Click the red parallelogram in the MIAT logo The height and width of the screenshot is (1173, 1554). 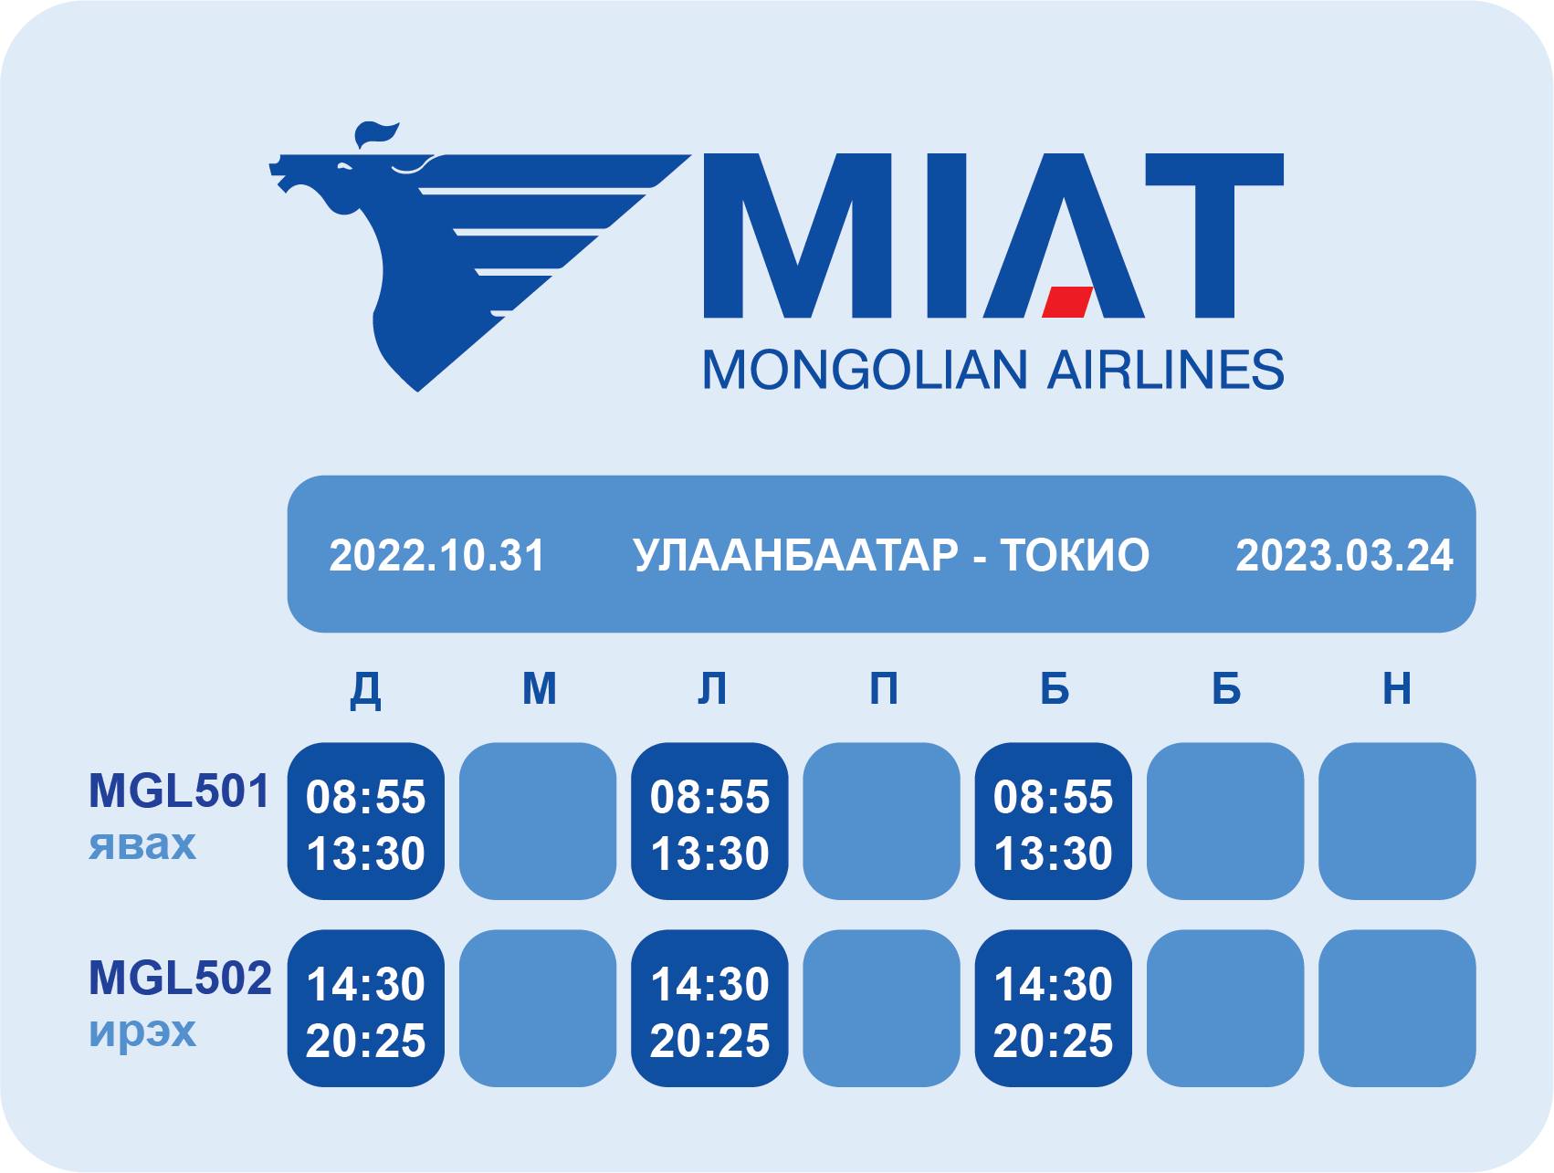tap(1068, 302)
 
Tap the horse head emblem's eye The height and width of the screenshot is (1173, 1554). tap(343, 167)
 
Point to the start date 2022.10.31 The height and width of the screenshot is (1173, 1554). tap(436, 556)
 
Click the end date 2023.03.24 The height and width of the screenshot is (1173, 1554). tap(1344, 556)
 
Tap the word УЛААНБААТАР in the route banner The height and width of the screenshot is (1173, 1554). tap(796, 556)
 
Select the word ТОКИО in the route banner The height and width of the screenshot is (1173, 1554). tap(1075, 556)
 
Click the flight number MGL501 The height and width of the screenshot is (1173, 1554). tap(179, 791)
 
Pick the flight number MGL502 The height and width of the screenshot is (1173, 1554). tap(180, 978)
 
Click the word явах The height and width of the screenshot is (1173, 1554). tap(142, 844)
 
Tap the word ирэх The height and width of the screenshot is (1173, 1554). tap(142, 1032)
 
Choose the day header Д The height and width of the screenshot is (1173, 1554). tap(366, 689)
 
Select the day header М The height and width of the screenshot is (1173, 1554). tap(539, 688)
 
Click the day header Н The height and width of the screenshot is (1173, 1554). tap(1397, 688)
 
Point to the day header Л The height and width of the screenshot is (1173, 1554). tap(711, 688)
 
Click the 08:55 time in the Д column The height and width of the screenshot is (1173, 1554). tap(366, 797)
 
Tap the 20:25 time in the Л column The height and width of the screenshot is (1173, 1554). tap(709, 1041)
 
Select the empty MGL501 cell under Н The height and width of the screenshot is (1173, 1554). tap(1397, 821)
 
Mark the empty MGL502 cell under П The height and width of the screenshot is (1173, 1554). tap(882, 1008)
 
